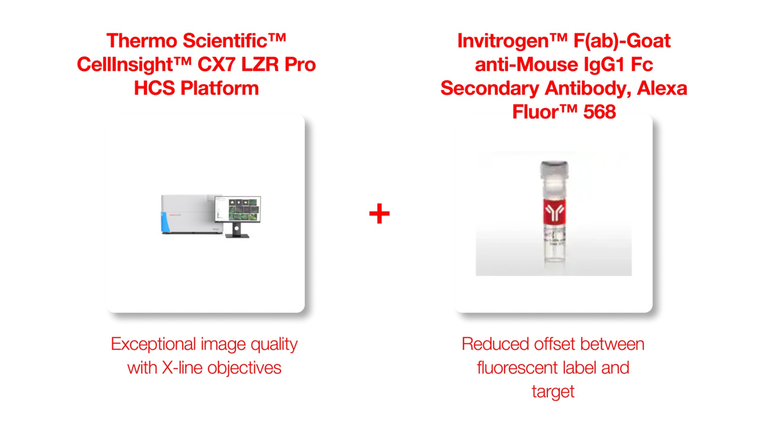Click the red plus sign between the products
379,213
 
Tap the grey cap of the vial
554,170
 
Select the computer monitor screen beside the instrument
238,209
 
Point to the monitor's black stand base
237,235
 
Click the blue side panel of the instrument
165,222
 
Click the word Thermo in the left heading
142,41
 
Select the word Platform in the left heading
219,88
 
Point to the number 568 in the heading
599,112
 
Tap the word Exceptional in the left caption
154,345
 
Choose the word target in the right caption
553,392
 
